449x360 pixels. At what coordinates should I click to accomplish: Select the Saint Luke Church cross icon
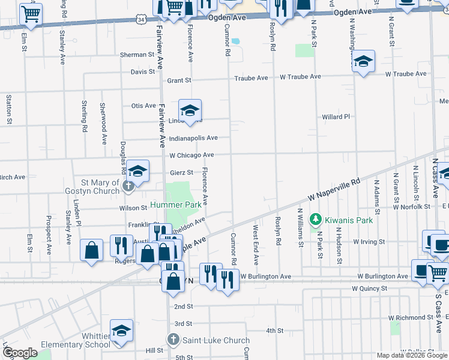click(173, 340)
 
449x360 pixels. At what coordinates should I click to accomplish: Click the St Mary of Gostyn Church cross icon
click(127, 187)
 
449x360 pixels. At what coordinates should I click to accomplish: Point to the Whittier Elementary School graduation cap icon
click(121, 331)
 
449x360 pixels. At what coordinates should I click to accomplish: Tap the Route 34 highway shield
click(140, 19)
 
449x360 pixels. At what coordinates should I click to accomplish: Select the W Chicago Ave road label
click(191, 155)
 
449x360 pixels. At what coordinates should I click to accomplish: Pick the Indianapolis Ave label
click(193, 138)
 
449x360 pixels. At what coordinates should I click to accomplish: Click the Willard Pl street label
click(336, 116)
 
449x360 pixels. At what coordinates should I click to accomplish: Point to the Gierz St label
click(181, 172)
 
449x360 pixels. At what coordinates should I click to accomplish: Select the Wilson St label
click(133, 208)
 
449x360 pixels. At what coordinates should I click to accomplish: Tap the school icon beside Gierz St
click(137, 172)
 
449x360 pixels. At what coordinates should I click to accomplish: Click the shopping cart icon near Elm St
click(31, 13)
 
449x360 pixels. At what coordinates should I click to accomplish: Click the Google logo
click(20, 353)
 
